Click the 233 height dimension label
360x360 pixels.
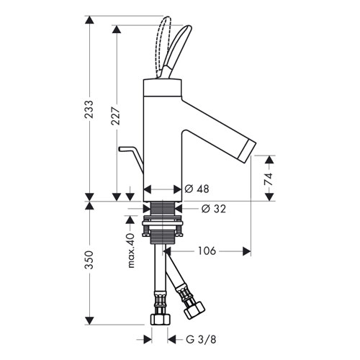[89, 109]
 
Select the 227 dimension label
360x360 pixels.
[116, 116]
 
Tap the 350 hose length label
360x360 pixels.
[89, 260]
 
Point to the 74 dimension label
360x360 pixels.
[269, 179]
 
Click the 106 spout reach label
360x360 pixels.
[207, 251]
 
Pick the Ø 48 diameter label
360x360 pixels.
[197, 189]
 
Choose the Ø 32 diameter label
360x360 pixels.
[214, 209]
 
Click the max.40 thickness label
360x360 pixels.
[131, 251]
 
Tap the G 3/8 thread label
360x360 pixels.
[201, 340]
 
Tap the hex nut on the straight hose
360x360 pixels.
[161, 319]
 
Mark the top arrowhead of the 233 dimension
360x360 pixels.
[89, 20]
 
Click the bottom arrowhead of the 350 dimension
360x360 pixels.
[89, 320]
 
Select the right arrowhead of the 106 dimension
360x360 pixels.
[247, 251]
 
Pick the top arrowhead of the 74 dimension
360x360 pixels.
[269, 160]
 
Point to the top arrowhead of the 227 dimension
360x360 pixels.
[117, 29]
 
